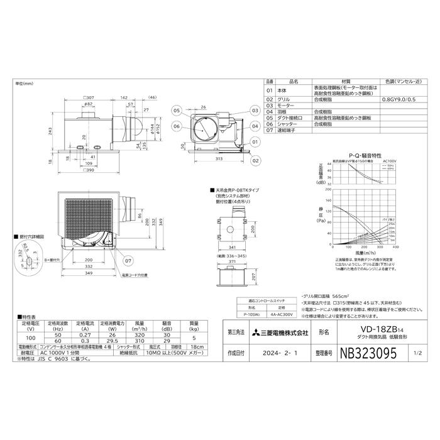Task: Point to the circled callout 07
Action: tap(128, 260)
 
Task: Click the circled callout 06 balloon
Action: tap(177, 126)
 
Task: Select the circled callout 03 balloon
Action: tap(254, 109)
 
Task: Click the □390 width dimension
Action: tap(88, 170)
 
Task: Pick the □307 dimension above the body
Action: tap(88, 97)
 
